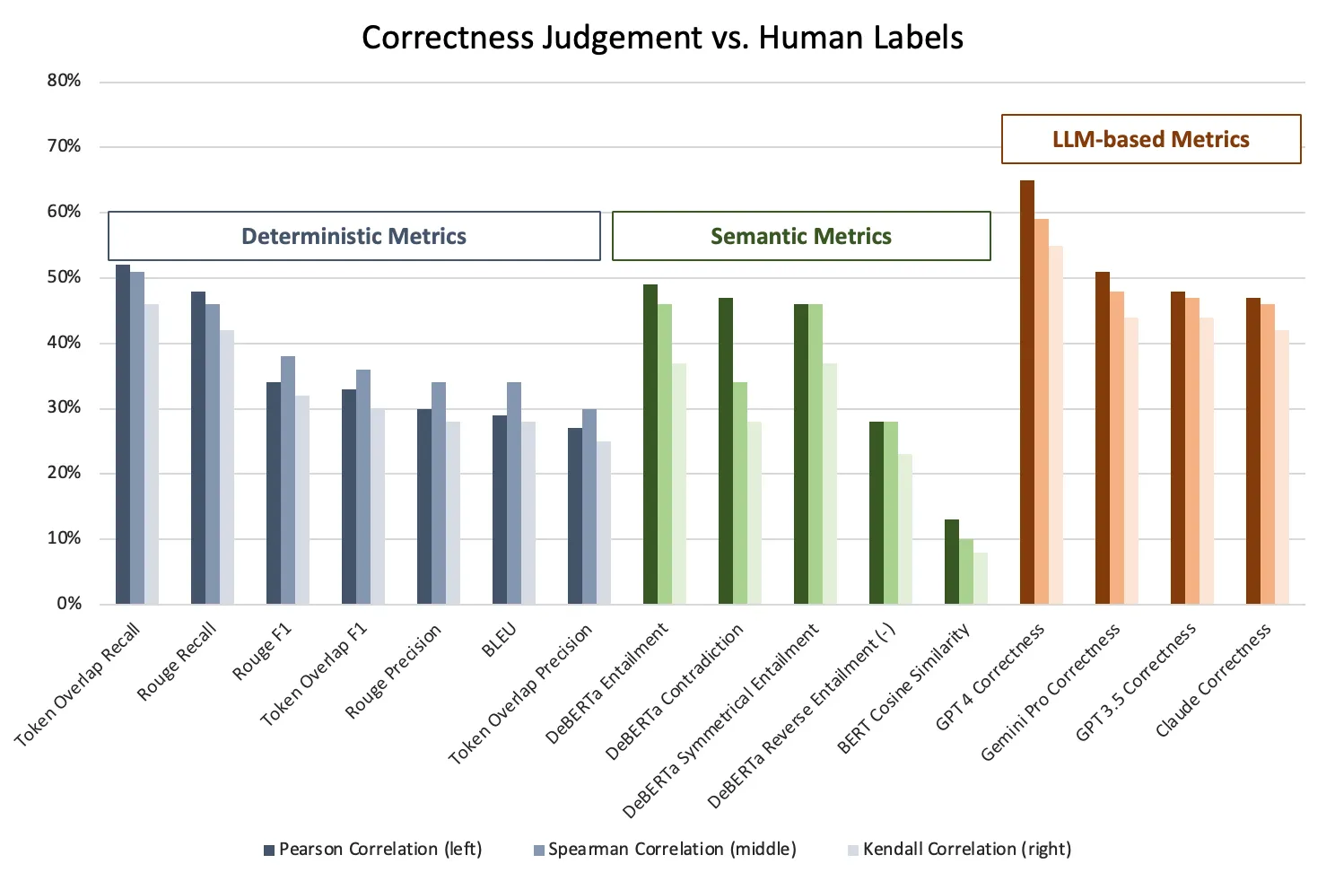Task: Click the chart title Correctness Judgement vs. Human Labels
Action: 662,38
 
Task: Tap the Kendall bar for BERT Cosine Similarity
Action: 981,579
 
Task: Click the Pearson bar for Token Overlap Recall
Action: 123,434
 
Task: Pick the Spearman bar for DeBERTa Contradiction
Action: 740,493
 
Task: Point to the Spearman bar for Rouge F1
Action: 288,480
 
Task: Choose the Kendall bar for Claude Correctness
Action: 1282,467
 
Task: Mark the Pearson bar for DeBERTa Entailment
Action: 650,444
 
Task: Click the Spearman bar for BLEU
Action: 514,493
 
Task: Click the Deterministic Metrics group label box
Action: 354,236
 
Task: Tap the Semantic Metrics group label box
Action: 801,236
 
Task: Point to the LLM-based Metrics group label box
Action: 1151,139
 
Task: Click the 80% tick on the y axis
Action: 64,81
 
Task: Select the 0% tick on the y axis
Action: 69,604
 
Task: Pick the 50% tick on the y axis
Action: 64,277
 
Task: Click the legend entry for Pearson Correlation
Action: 372,849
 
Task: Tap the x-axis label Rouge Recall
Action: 178,661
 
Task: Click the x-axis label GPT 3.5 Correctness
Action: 1137,682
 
